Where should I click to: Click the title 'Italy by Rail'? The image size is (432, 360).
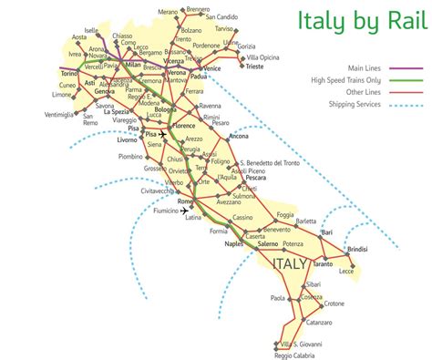(x=361, y=21)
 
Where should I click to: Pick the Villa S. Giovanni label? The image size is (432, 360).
(x=303, y=345)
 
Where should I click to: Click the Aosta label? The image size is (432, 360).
(x=81, y=37)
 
